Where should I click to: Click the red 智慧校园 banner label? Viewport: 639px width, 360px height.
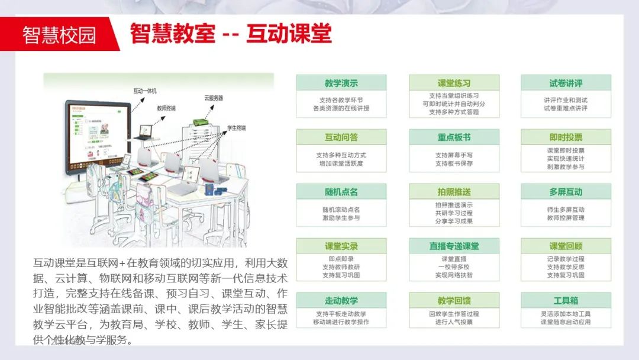pyautogui.click(x=59, y=34)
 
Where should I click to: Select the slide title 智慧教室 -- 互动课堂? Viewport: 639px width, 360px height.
pyautogui.click(x=231, y=33)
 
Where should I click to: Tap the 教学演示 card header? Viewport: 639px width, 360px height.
pyautogui.click(x=341, y=83)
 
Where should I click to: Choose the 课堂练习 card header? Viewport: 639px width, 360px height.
pyautogui.click(x=454, y=83)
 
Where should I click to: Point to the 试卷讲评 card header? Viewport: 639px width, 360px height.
pyautogui.click(x=566, y=83)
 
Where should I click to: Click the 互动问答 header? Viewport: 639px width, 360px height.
pyautogui.click(x=341, y=137)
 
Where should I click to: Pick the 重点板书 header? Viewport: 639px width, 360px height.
pyautogui.click(x=454, y=137)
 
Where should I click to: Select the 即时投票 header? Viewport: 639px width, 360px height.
pyautogui.click(x=566, y=137)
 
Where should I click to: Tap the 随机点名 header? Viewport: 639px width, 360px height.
pyautogui.click(x=341, y=192)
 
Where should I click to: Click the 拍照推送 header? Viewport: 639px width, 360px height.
pyautogui.click(x=454, y=192)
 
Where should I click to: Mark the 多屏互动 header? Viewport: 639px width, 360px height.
pyautogui.click(x=566, y=192)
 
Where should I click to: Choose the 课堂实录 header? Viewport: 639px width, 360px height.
pyautogui.click(x=341, y=246)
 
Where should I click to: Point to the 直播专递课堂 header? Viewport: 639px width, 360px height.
pyautogui.click(x=454, y=246)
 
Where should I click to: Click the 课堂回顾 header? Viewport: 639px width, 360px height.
pyautogui.click(x=566, y=246)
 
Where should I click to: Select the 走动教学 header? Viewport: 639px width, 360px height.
pyautogui.click(x=341, y=301)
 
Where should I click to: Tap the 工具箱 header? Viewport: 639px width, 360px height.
pyautogui.click(x=566, y=301)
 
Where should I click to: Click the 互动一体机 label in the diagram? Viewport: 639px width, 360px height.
pyautogui.click(x=145, y=91)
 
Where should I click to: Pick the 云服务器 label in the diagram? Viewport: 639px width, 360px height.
pyautogui.click(x=214, y=98)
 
